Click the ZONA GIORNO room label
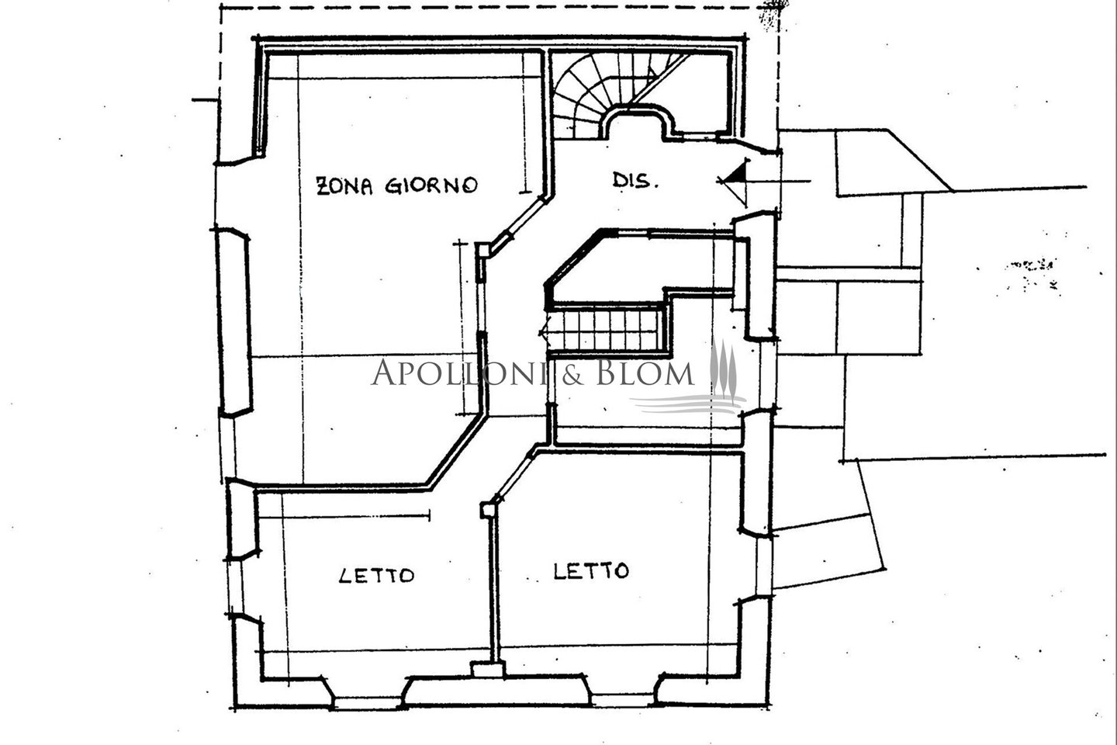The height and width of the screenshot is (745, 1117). [397, 185]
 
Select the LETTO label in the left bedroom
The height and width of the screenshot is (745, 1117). [376, 575]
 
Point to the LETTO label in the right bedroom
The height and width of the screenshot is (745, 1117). [591, 571]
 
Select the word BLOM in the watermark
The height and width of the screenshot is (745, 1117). [645, 372]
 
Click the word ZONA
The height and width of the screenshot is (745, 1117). [344, 185]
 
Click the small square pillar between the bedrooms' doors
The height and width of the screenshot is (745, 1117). [487, 510]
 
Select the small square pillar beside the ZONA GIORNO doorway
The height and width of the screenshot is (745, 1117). [482, 250]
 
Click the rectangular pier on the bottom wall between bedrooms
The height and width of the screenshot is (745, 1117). [488, 669]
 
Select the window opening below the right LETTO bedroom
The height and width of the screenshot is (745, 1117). [624, 701]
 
